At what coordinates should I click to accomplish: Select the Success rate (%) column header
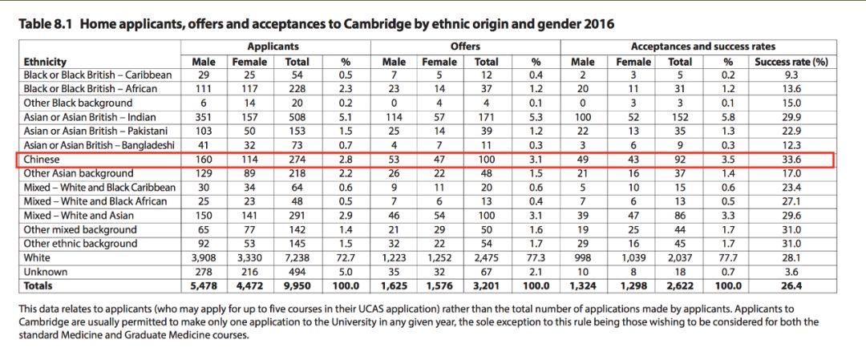pyautogui.click(x=791, y=61)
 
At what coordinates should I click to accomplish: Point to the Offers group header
pyautogui.click(x=465, y=47)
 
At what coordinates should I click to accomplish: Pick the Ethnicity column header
pyautogui.click(x=45, y=61)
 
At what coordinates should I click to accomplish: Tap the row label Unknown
pyautogui.click(x=46, y=272)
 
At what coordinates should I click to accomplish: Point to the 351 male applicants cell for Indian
pyautogui.click(x=204, y=117)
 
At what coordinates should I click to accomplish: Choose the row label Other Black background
pyautogui.click(x=78, y=103)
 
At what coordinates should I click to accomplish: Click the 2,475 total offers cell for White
pyautogui.click(x=487, y=258)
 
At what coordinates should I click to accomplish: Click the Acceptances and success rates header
pyautogui.click(x=702, y=47)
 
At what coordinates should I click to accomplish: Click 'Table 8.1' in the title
pyautogui.click(x=47, y=24)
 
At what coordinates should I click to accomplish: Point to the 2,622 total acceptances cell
pyautogui.click(x=680, y=285)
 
